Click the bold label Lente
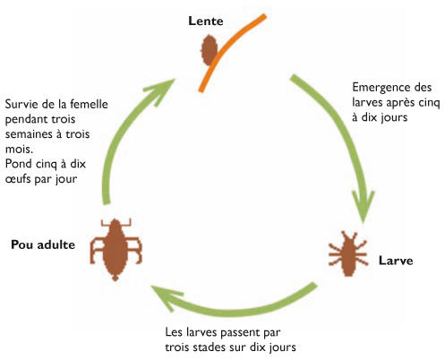click(x=206, y=21)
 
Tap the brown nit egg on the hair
click(x=210, y=50)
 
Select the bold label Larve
click(x=396, y=261)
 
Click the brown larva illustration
click(x=348, y=254)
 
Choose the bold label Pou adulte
click(x=43, y=244)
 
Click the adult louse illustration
click(x=116, y=250)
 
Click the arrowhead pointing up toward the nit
click(x=160, y=91)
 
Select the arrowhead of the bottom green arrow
click(x=166, y=296)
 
